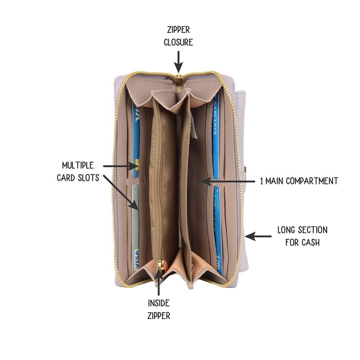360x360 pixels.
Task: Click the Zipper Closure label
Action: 178,36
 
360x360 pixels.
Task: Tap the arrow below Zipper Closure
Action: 178,62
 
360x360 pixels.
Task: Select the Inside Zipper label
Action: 159,309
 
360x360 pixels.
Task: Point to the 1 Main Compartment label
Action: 299,181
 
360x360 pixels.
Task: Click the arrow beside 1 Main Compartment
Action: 228,181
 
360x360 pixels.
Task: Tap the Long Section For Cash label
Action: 302,236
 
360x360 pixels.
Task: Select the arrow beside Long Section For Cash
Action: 258,236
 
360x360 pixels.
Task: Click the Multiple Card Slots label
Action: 78,171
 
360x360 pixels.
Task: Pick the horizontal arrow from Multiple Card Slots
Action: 121,166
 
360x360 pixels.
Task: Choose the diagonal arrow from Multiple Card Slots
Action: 121,193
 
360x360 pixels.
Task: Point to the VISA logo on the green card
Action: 136,259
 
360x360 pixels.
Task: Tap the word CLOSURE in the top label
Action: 178,42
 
